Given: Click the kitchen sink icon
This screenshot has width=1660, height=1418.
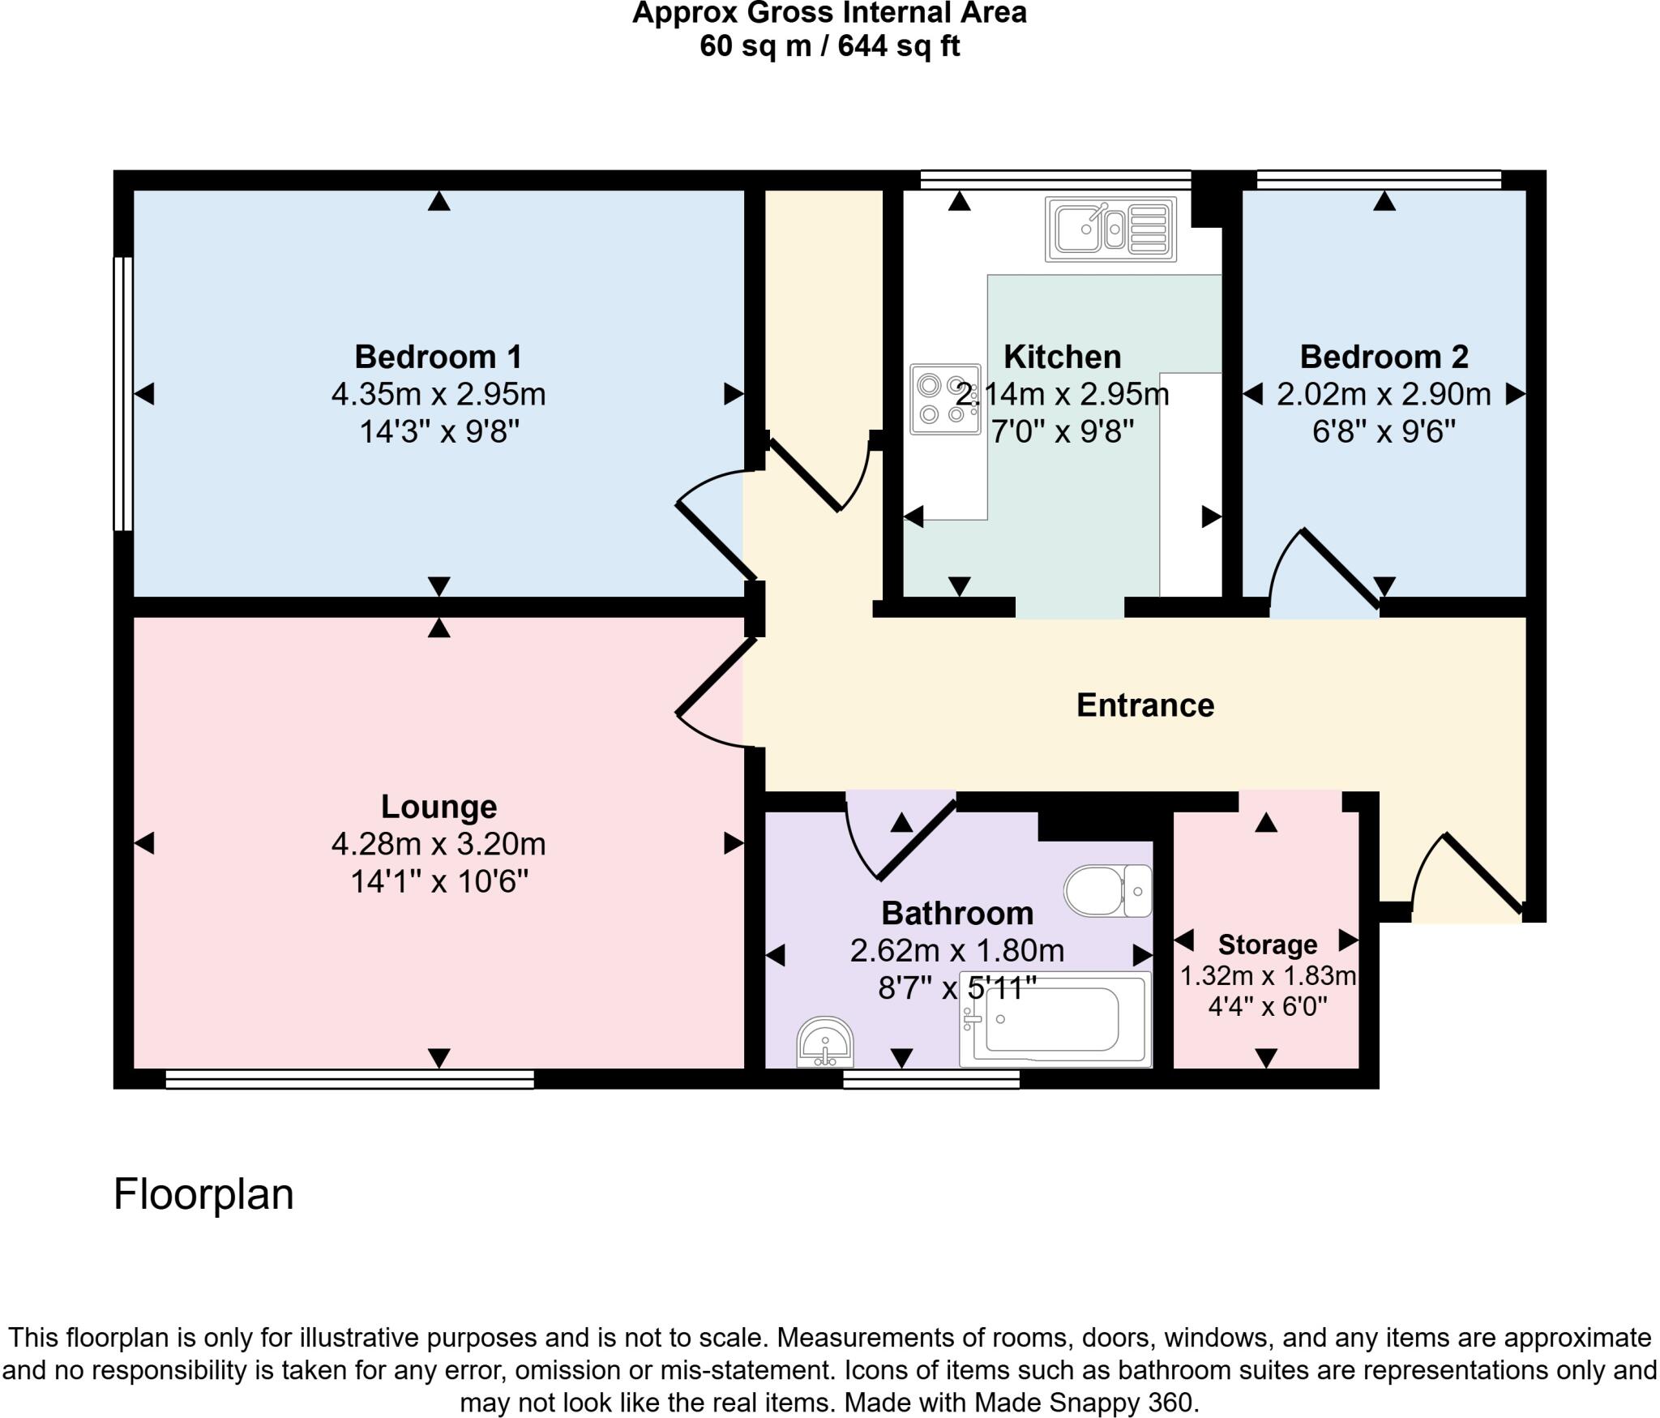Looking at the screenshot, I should point(1110,229).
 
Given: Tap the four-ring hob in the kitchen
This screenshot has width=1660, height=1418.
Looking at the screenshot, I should point(944,399).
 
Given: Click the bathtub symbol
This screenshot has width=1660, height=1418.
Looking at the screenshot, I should point(1055,1019).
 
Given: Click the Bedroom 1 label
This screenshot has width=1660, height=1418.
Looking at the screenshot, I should point(438,357).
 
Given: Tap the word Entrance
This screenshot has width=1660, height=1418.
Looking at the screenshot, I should point(1144,705).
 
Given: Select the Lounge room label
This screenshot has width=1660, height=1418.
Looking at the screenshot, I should point(439,807).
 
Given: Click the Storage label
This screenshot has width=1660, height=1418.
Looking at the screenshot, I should point(1267,945).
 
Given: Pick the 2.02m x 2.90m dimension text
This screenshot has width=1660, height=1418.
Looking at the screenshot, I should point(1383,395).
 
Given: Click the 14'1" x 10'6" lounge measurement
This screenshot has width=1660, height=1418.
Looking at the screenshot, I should point(439,881).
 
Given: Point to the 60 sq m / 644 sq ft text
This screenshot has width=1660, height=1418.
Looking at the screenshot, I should point(829,46).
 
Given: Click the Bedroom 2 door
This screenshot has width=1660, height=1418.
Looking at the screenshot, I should point(1337,568).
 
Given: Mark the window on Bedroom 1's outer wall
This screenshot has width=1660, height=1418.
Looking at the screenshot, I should point(122,394).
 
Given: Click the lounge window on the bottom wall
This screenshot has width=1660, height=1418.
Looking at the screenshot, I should point(349,1078).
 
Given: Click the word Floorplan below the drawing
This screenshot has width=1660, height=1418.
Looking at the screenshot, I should point(203,1194).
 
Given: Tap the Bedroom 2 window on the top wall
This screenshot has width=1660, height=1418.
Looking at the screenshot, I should point(1379,179).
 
